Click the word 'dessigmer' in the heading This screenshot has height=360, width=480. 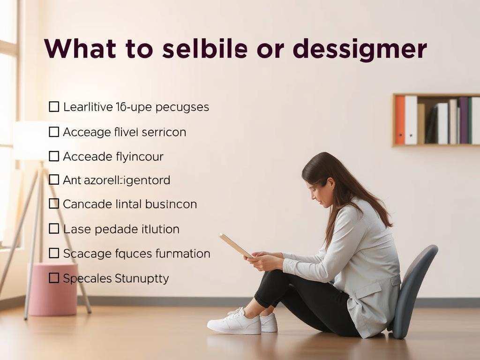[360, 49]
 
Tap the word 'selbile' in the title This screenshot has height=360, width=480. [204, 48]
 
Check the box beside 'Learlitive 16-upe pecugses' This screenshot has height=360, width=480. [54, 107]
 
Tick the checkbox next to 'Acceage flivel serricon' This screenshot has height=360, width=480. [54, 132]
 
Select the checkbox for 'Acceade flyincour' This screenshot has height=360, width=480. [54, 156]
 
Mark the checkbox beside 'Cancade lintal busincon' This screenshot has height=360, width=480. [54, 203]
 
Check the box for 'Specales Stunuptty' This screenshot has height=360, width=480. [54, 278]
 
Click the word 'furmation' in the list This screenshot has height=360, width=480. [183, 254]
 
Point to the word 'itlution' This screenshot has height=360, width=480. [160, 229]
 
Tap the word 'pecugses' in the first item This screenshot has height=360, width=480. [182, 108]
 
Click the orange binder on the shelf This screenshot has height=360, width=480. [399, 120]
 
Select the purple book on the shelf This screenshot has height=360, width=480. [463, 120]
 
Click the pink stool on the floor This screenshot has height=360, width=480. [52, 289]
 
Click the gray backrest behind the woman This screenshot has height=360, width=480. [413, 291]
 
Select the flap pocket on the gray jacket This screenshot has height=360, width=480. [368, 291]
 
